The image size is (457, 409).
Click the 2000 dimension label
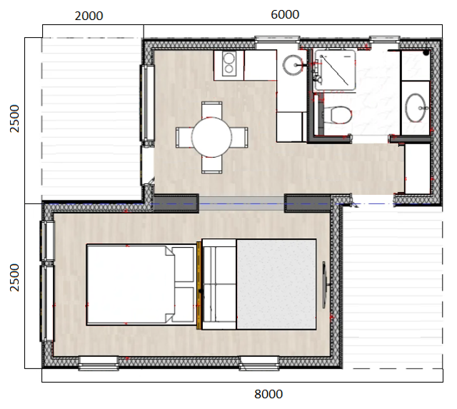(89, 16)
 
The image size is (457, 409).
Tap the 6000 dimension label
(285, 14)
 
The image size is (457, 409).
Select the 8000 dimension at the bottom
(268, 394)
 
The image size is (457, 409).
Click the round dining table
(211, 137)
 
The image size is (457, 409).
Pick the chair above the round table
(212, 109)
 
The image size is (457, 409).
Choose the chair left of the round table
(184, 137)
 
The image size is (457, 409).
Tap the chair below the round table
(212, 165)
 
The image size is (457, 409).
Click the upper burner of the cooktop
(229, 57)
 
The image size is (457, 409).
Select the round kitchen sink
(293, 65)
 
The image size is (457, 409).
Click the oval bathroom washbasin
(416, 108)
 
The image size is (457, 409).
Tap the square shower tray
(335, 70)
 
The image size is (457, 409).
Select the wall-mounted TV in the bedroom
(324, 285)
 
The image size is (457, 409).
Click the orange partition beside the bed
(199, 286)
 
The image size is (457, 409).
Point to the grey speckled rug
(276, 284)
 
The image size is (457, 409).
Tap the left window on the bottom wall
(99, 363)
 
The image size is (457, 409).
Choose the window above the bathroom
(385, 40)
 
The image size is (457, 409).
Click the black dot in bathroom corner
(426, 52)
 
